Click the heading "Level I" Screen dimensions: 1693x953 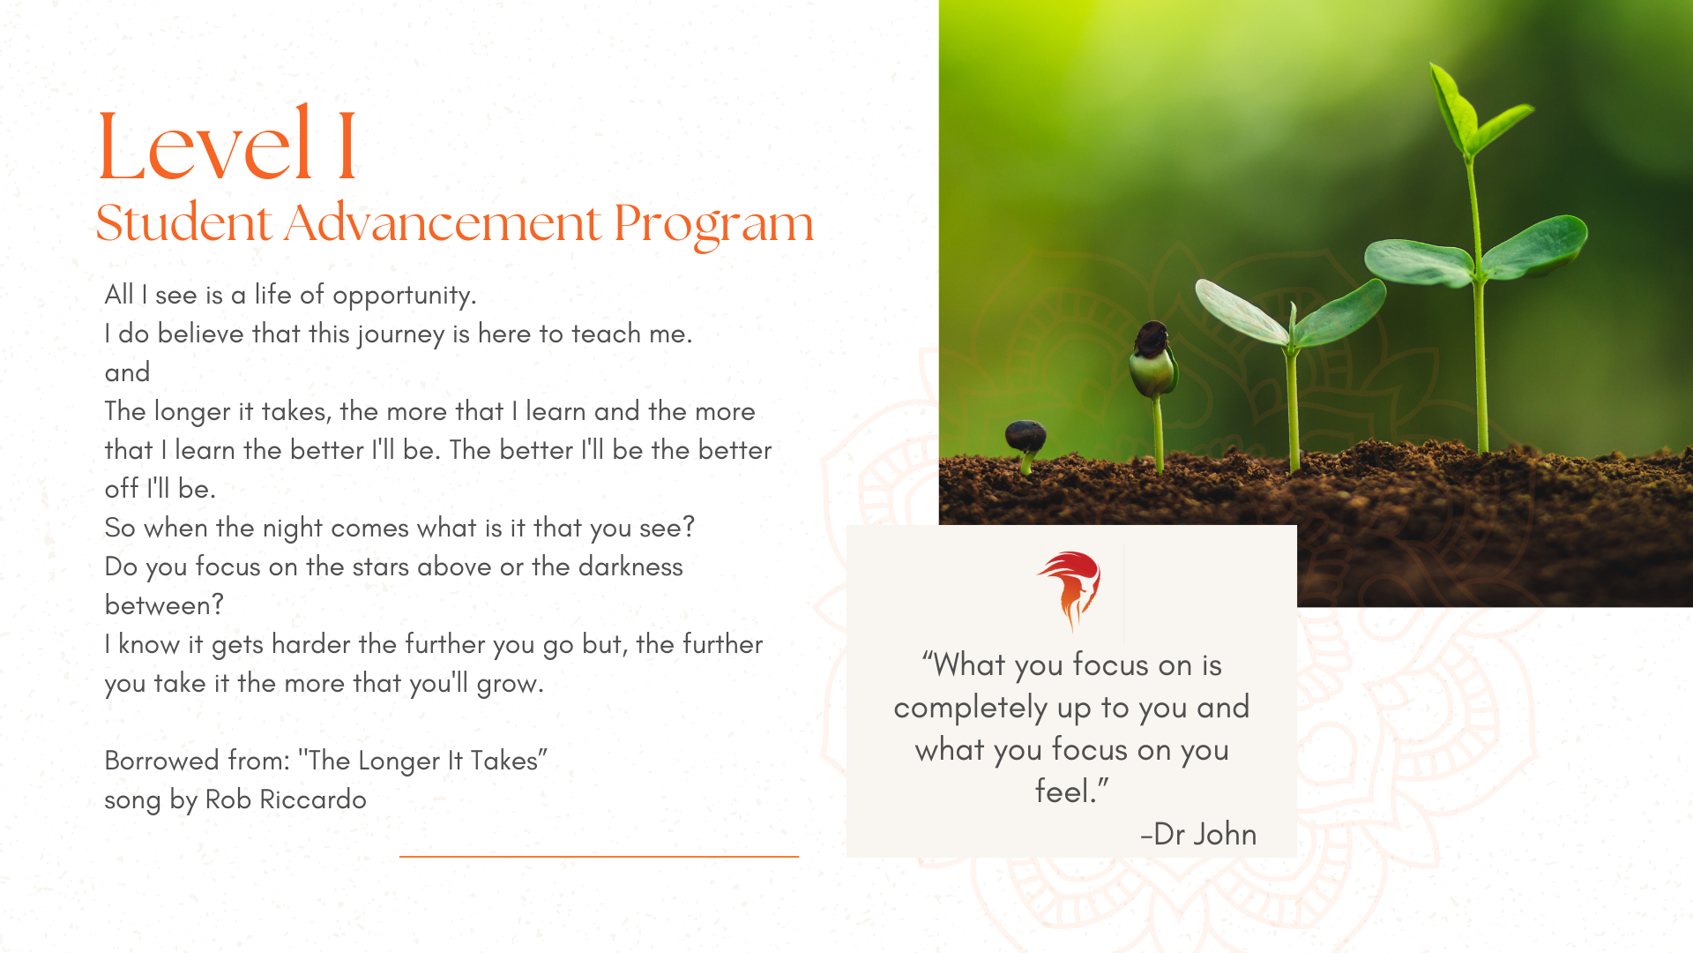pos(227,143)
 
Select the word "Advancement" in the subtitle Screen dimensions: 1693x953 pos(443,222)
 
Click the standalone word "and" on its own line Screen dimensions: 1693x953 pos(127,372)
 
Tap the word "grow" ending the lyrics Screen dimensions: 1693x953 pos(510,684)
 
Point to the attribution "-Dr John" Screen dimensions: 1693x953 pos(1198,834)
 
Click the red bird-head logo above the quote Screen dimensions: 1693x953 pos(1070,589)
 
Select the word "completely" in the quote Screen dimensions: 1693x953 pos(971,708)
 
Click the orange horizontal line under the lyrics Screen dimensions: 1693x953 pos(599,856)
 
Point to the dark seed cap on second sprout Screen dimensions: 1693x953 pos(1152,337)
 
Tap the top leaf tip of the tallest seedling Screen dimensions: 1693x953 pos(1433,65)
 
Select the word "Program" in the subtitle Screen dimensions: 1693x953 pos(714,224)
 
